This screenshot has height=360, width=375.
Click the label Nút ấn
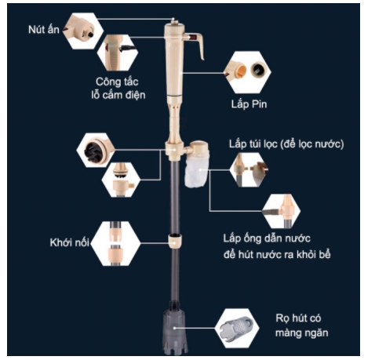(x=44, y=29)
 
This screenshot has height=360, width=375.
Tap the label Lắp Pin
(x=249, y=104)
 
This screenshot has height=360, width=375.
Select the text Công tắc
(x=117, y=82)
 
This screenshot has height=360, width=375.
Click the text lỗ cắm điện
(x=118, y=95)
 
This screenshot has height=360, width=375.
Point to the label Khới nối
(x=70, y=242)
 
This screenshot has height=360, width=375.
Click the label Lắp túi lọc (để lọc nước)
(x=286, y=144)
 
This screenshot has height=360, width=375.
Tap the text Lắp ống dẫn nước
(x=267, y=238)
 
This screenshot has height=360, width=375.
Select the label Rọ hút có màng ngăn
(x=301, y=325)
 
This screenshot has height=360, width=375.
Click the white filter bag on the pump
(x=197, y=171)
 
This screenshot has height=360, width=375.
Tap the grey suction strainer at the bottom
(x=174, y=330)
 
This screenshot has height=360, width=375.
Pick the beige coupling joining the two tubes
(x=175, y=241)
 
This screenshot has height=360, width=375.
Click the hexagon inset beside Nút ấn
(x=83, y=31)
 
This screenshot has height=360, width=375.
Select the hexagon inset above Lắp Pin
(x=247, y=72)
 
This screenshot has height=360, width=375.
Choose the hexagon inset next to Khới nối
(x=115, y=243)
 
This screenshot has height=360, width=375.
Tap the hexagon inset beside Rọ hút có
(x=237, y=328)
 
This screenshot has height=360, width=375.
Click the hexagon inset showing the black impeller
(x=96, y=150)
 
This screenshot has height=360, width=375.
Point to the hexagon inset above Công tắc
(x=118, y=53)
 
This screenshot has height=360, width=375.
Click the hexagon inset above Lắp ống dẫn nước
(x=281, y=211)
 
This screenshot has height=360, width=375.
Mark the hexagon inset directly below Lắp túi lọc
(x=249, y=169)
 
